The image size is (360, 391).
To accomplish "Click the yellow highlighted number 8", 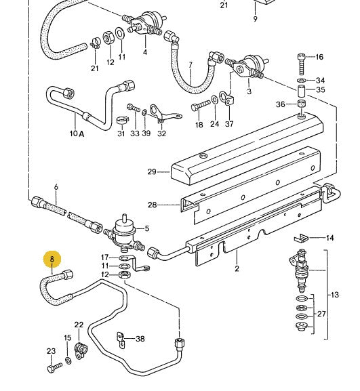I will tap(52, 259).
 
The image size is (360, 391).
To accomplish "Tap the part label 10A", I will tap(77, 133).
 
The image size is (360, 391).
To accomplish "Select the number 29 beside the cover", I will tap(152, 171).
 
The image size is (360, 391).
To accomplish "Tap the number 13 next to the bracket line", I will tap(334, 295).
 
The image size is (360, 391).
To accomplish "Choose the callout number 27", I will tap(321, 314).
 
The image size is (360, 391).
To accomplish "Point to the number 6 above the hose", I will tap(56, 187).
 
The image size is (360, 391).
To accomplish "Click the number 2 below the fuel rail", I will tap(237, 269).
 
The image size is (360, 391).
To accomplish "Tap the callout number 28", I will tap(152, 204).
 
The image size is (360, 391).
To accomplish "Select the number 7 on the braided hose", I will tap(191, 66).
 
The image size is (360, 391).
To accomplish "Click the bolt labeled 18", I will tap(197, 106).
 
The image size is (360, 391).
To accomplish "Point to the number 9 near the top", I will tap(255, 19).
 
